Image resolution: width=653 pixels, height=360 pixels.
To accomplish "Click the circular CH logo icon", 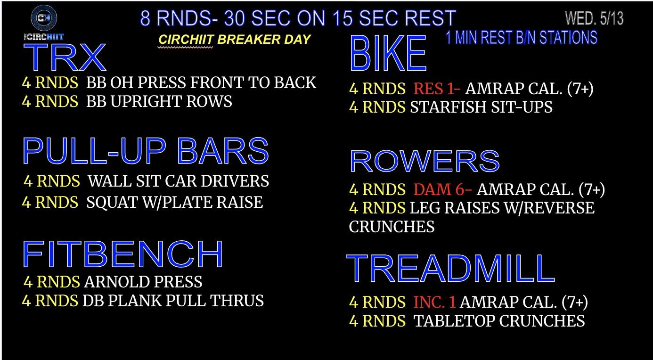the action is tap(44, 18).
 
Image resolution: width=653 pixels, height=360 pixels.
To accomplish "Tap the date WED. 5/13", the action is tap(594, 18).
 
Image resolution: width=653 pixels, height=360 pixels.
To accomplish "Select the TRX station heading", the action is tap(65, 57).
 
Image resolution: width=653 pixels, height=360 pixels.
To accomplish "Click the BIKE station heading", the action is tap(388, 53).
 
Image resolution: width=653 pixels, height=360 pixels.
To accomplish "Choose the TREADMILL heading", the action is tap(450, 268).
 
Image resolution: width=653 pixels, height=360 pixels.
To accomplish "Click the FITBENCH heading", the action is tap(122, 254).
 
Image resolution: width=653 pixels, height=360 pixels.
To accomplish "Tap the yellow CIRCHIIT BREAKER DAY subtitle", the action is tap(235, 40).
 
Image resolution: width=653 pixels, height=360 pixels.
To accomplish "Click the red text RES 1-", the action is tap(437, 89).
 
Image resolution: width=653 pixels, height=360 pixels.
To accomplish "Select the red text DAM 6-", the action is tap(442, 189).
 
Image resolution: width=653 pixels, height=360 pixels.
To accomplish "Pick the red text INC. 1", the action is tap(435, 302).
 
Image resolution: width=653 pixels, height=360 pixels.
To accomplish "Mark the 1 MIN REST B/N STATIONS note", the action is tap(522, 38).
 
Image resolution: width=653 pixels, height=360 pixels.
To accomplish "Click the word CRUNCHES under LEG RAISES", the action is tap(392, 227).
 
